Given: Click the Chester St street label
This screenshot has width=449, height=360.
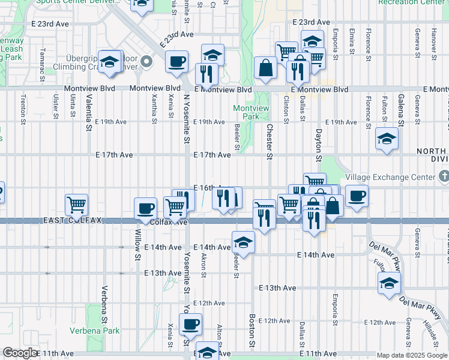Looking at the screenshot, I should pos(270,142).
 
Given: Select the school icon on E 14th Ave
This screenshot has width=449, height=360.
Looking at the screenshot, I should pos(243,241).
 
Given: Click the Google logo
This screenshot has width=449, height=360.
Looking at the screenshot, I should pos(20,353).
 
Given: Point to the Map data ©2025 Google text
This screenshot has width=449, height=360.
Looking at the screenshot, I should pos(411,355).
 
